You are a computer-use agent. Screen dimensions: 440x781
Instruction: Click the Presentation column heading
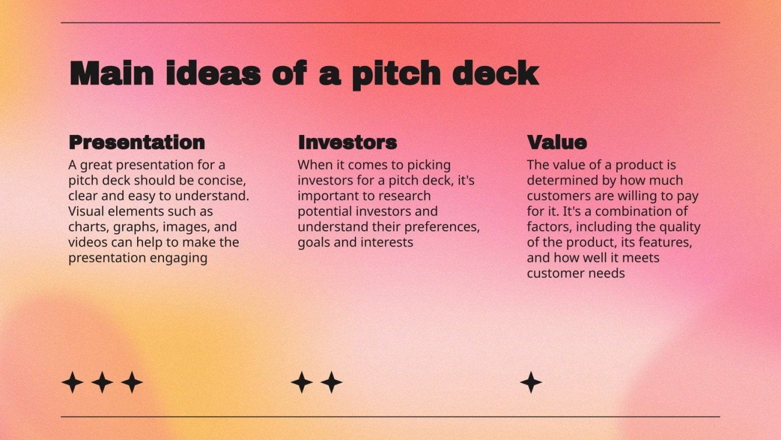pyautogui.click(x=137, y=142)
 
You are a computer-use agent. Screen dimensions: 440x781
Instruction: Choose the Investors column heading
pyautogui.click(x=347, y=142)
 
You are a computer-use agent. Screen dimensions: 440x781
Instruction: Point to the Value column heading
pyautogui.click(x=557, y=142)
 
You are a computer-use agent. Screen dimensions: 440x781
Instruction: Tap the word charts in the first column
pyautogui.click(x=86, y=227)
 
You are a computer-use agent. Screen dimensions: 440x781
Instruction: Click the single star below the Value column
pyautogui.click(x=531, y=382)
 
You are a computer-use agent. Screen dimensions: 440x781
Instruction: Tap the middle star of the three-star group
pyautogui.click(x=102, y=382)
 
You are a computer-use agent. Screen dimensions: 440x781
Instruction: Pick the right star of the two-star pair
pyautogui.click(x=332, y=382)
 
